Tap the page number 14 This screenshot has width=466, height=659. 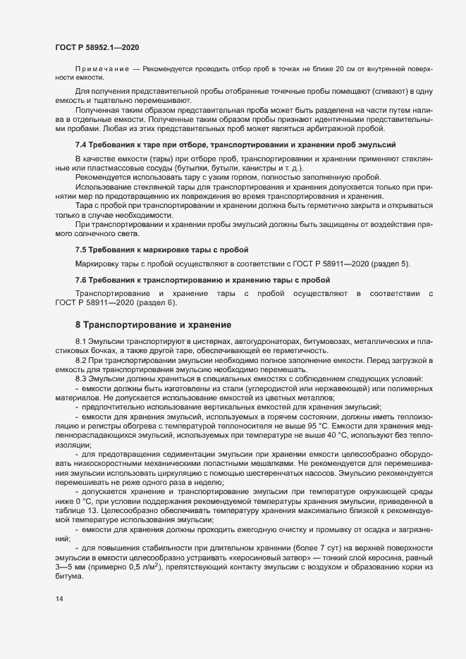59,599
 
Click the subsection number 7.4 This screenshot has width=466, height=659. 81,144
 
